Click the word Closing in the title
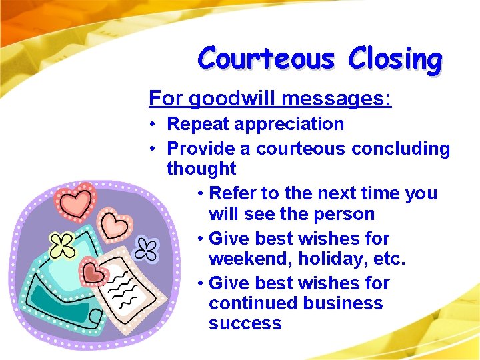394,59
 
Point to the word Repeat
198,124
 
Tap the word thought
201,169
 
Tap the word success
245,324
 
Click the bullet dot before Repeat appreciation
153,125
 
